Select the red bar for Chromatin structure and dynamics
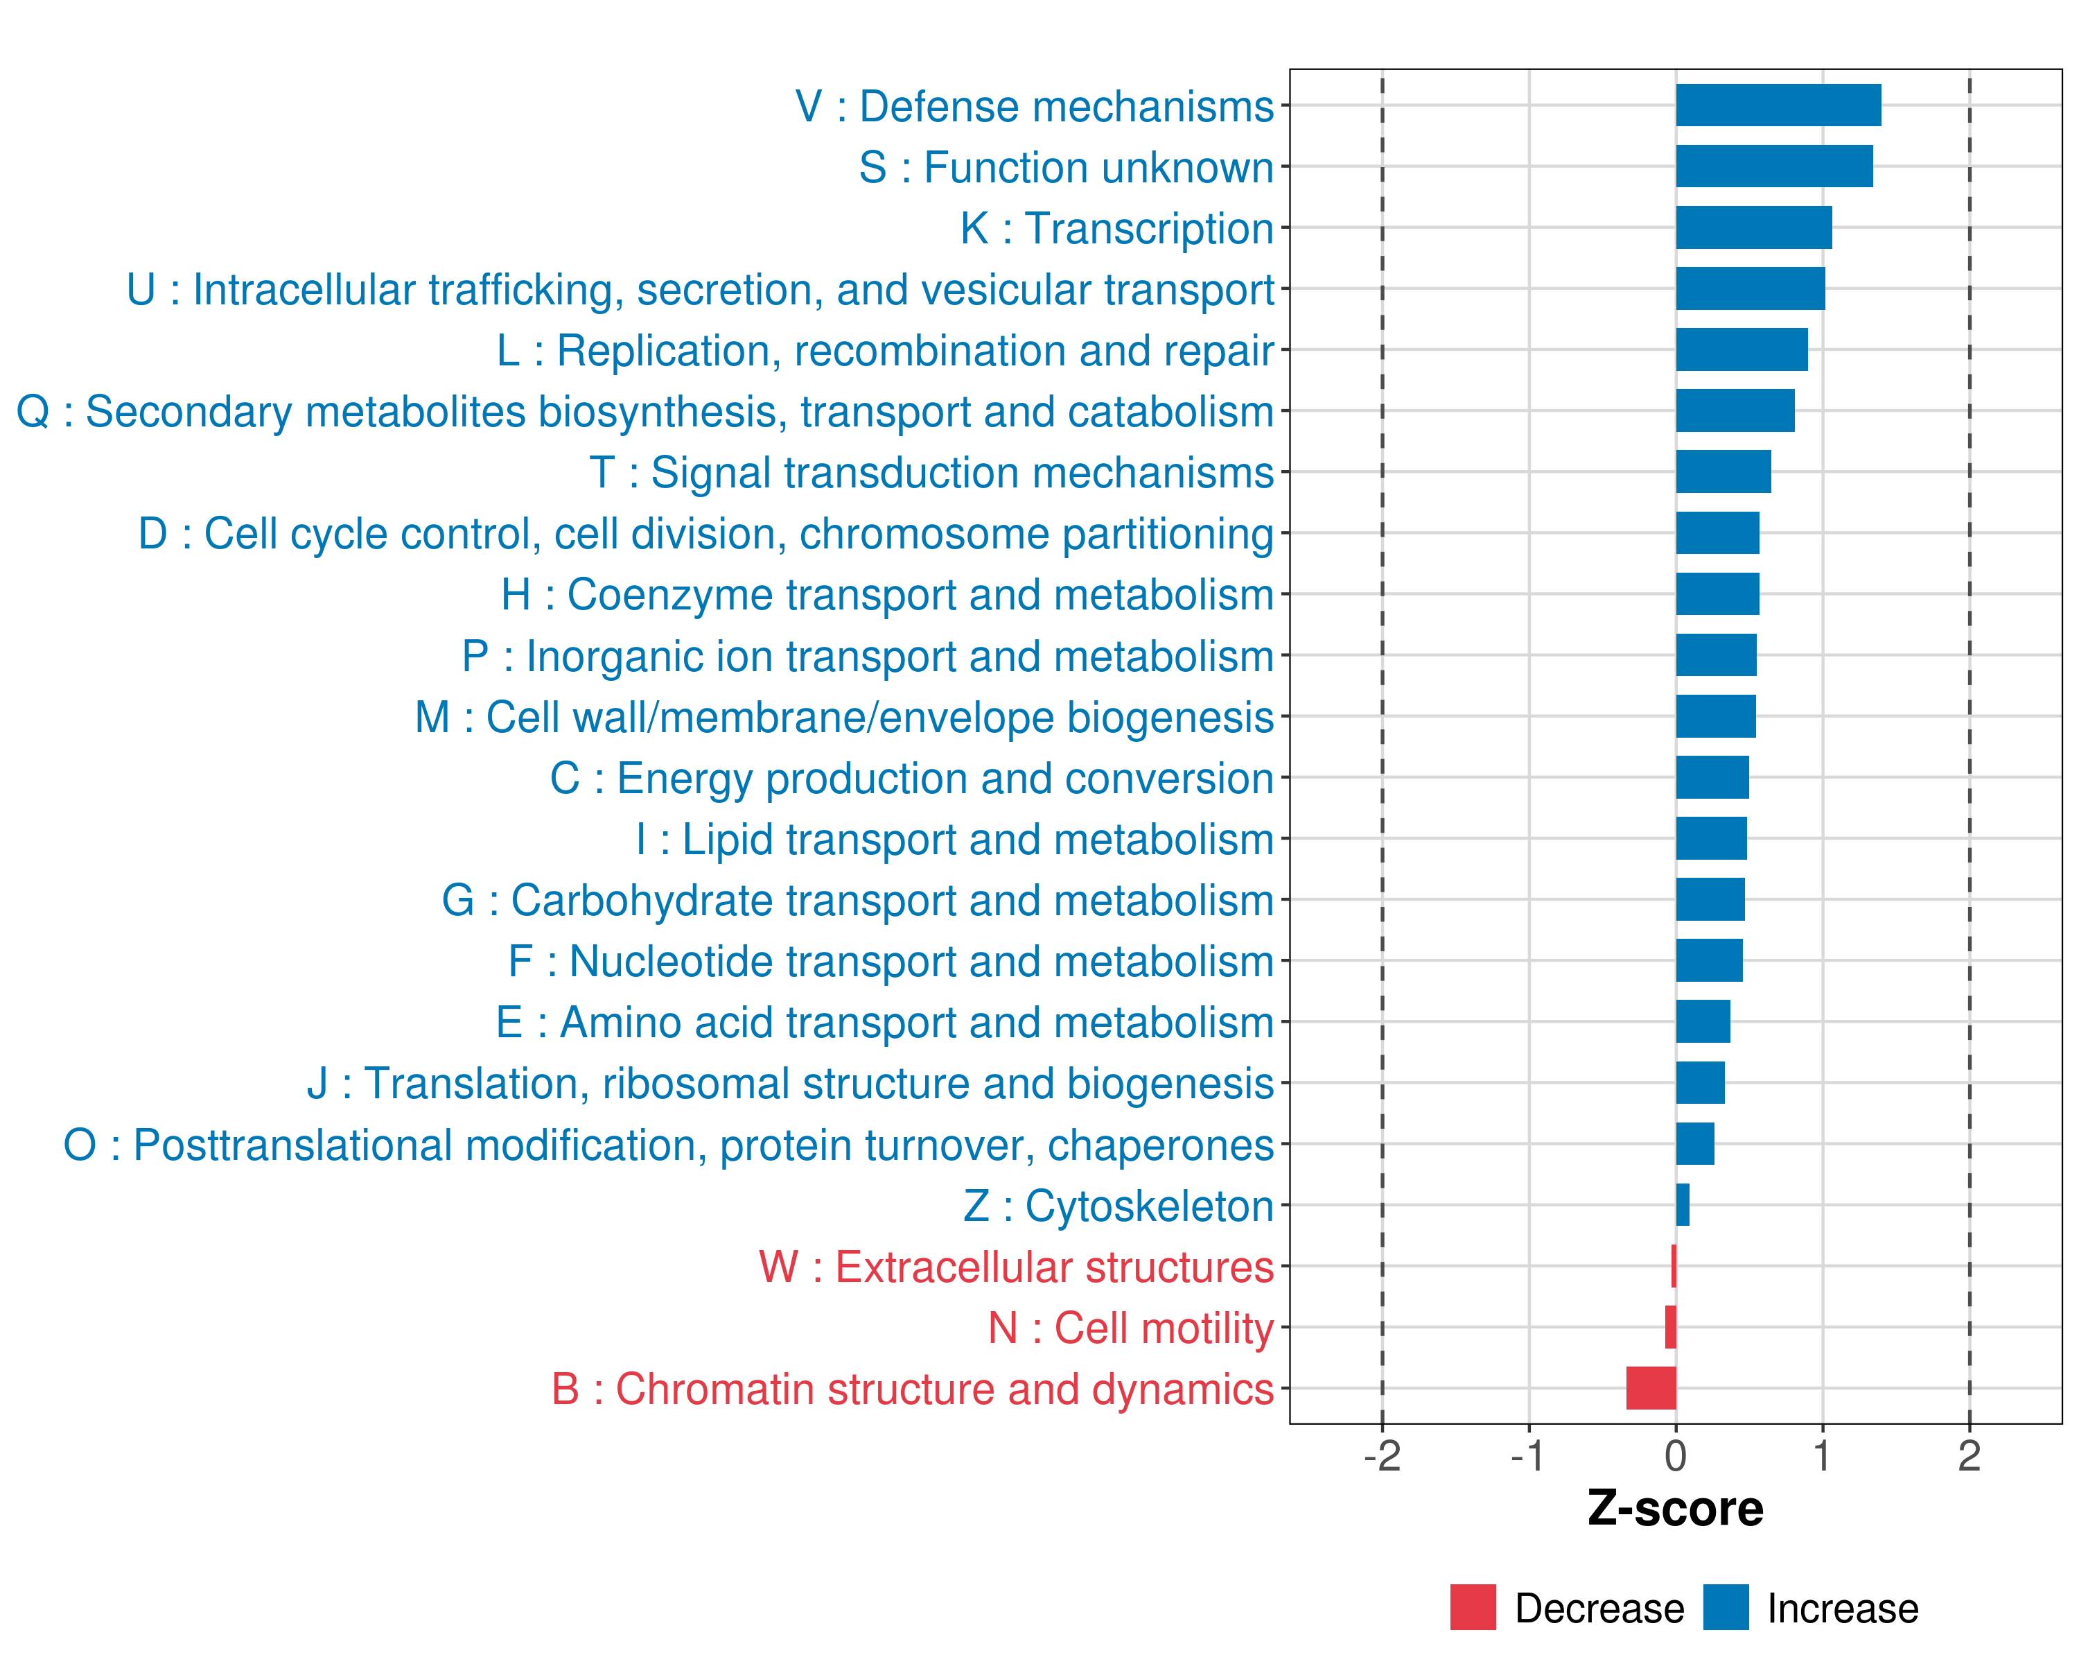coord(1651,1388)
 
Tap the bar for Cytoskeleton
coord(1683,1205)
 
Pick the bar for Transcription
coord(1753,227)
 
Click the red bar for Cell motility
coord(1670,1327)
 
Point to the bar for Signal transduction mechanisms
coord(1723,471)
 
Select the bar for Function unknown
coord(1773,166)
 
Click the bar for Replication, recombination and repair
coord(1742,349)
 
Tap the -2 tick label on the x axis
coord(1382,1455)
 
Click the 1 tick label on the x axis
coord(1821,1455)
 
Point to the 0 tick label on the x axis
coord(1676,1455)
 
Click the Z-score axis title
coord(1675,1509)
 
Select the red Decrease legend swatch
coord(1473,1607)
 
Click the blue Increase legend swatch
coord(1725,1607)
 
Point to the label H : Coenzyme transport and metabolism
coord(887,594)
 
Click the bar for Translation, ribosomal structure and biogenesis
coord(1700,1082)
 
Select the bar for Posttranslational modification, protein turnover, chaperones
coord(1694,1144)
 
